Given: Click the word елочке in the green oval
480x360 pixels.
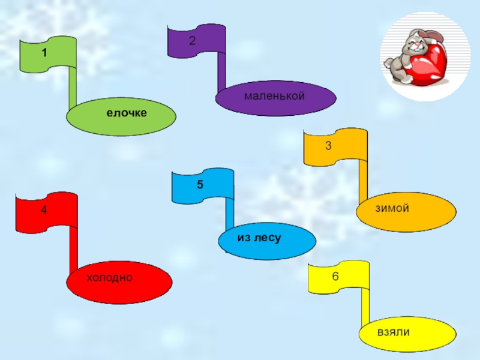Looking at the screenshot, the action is pyautogui.click(x=127, y=113).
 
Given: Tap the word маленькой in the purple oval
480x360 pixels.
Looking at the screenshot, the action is pyautogui.click(x=275, y=96).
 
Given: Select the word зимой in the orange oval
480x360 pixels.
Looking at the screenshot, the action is pyautogui.click(x=392, y=208).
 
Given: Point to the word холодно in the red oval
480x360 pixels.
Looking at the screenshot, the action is pyautogui.click(x=109, y=277).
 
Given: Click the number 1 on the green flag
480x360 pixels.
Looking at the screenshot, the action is pyautogui.click(x=44, y=53).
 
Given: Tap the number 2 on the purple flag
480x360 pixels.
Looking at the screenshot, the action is pyautogui.click(x=192, y=41).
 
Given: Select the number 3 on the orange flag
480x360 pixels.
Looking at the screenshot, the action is pyautogui.click(x=328, y=145).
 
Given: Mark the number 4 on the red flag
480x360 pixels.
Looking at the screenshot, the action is pyautogui.click(x=44, y=211).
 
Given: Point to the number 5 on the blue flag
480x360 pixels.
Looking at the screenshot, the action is pyautogui.click(x=200, y=185).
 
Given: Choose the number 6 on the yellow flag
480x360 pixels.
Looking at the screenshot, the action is pyautogui.click(x=335, y=277).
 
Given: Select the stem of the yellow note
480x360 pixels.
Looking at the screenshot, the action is pyautogui.click(x=364, y=306).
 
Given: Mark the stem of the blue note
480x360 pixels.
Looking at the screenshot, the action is pyautogui.click(x=230, y=213).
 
